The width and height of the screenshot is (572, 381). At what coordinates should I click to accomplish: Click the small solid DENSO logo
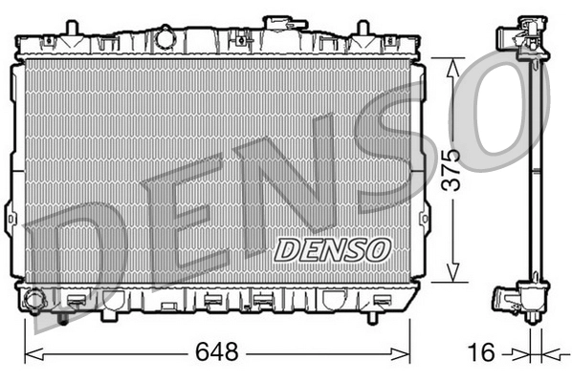[333, 248]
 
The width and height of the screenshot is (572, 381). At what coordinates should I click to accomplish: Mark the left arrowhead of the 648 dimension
[29, 352]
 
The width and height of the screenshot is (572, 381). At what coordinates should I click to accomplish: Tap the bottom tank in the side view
[520, 297]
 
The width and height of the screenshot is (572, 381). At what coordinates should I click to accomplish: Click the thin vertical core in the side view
[535, 172]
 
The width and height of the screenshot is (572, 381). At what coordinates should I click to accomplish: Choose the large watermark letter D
[77, 258]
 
